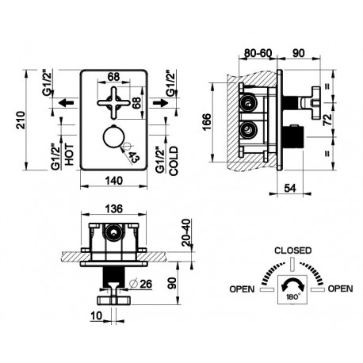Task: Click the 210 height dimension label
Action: coord(21,120)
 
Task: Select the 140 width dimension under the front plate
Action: coord(114,181)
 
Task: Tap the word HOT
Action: coord(69,155)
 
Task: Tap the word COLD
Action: coord(174,161)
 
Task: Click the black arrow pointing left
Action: coord(66,102)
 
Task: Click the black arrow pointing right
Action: coord(161,102)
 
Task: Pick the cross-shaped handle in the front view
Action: coord(114,103)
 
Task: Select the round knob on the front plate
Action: coord(114,137)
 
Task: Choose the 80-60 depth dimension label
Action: coord(258,53)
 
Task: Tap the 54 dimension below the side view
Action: coord(290,188)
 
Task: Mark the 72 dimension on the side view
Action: coord(327,120)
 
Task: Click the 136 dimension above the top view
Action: coord(114,208)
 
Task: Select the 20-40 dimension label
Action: coord(186,232)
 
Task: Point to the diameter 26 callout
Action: coord(141,284)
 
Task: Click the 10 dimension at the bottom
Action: coord(96,315)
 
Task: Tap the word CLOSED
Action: coord(293,250)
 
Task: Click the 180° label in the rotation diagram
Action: coord(292,296)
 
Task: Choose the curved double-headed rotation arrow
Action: coord(292,282)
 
